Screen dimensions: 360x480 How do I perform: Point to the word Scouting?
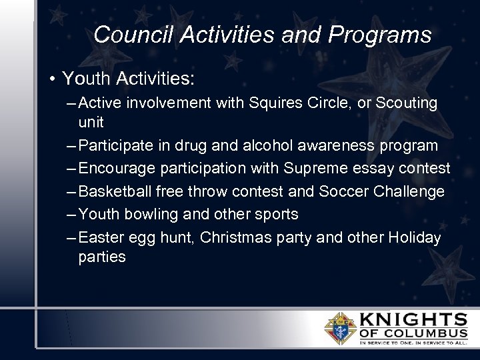[407, 103]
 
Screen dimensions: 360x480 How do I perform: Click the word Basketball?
[115, 192]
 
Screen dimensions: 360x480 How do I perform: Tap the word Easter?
[99, 237]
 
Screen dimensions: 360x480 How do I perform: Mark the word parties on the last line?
[102, 257]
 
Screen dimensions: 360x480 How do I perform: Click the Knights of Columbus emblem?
[339, 328]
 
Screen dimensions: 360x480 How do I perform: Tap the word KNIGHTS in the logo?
[413, 319]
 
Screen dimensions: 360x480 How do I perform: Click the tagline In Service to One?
[387, 343]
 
